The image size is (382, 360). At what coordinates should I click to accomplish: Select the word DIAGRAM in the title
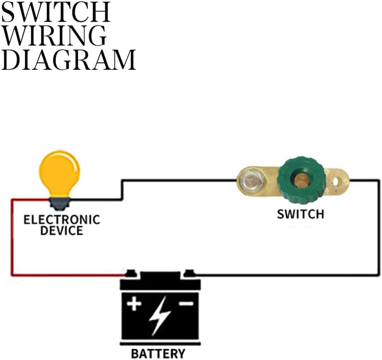point(68,59)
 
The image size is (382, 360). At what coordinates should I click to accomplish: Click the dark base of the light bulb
point(60,204)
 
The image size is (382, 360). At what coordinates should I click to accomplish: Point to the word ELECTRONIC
point(62,220)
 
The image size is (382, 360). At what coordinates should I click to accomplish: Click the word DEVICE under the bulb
point(62,231)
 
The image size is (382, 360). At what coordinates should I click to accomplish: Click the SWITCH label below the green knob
point(300,214)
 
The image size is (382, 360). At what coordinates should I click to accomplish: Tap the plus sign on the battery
point(133,304)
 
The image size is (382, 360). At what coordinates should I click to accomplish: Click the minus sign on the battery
point(186,304)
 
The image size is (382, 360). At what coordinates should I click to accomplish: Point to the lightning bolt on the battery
point(160,315)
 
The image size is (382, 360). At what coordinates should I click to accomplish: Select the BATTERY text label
point(158,353)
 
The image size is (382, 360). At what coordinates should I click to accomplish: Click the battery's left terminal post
point(131,273)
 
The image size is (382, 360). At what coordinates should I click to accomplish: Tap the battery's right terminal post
point(190,273)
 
